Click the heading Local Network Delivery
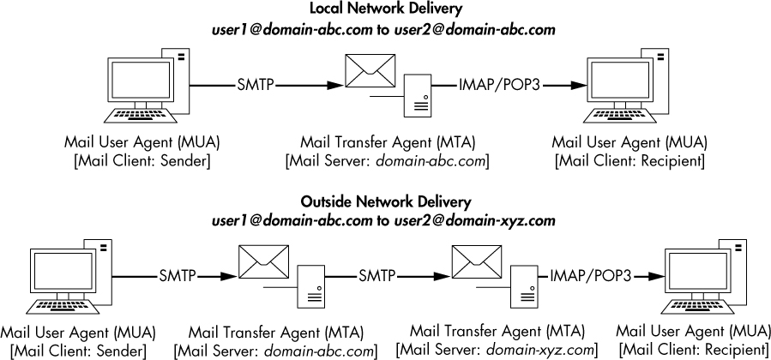(385, 9)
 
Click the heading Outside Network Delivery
(385, 202)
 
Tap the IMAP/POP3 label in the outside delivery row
(590, 276)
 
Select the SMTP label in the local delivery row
(255, 86)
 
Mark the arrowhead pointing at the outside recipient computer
(655, 276)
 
